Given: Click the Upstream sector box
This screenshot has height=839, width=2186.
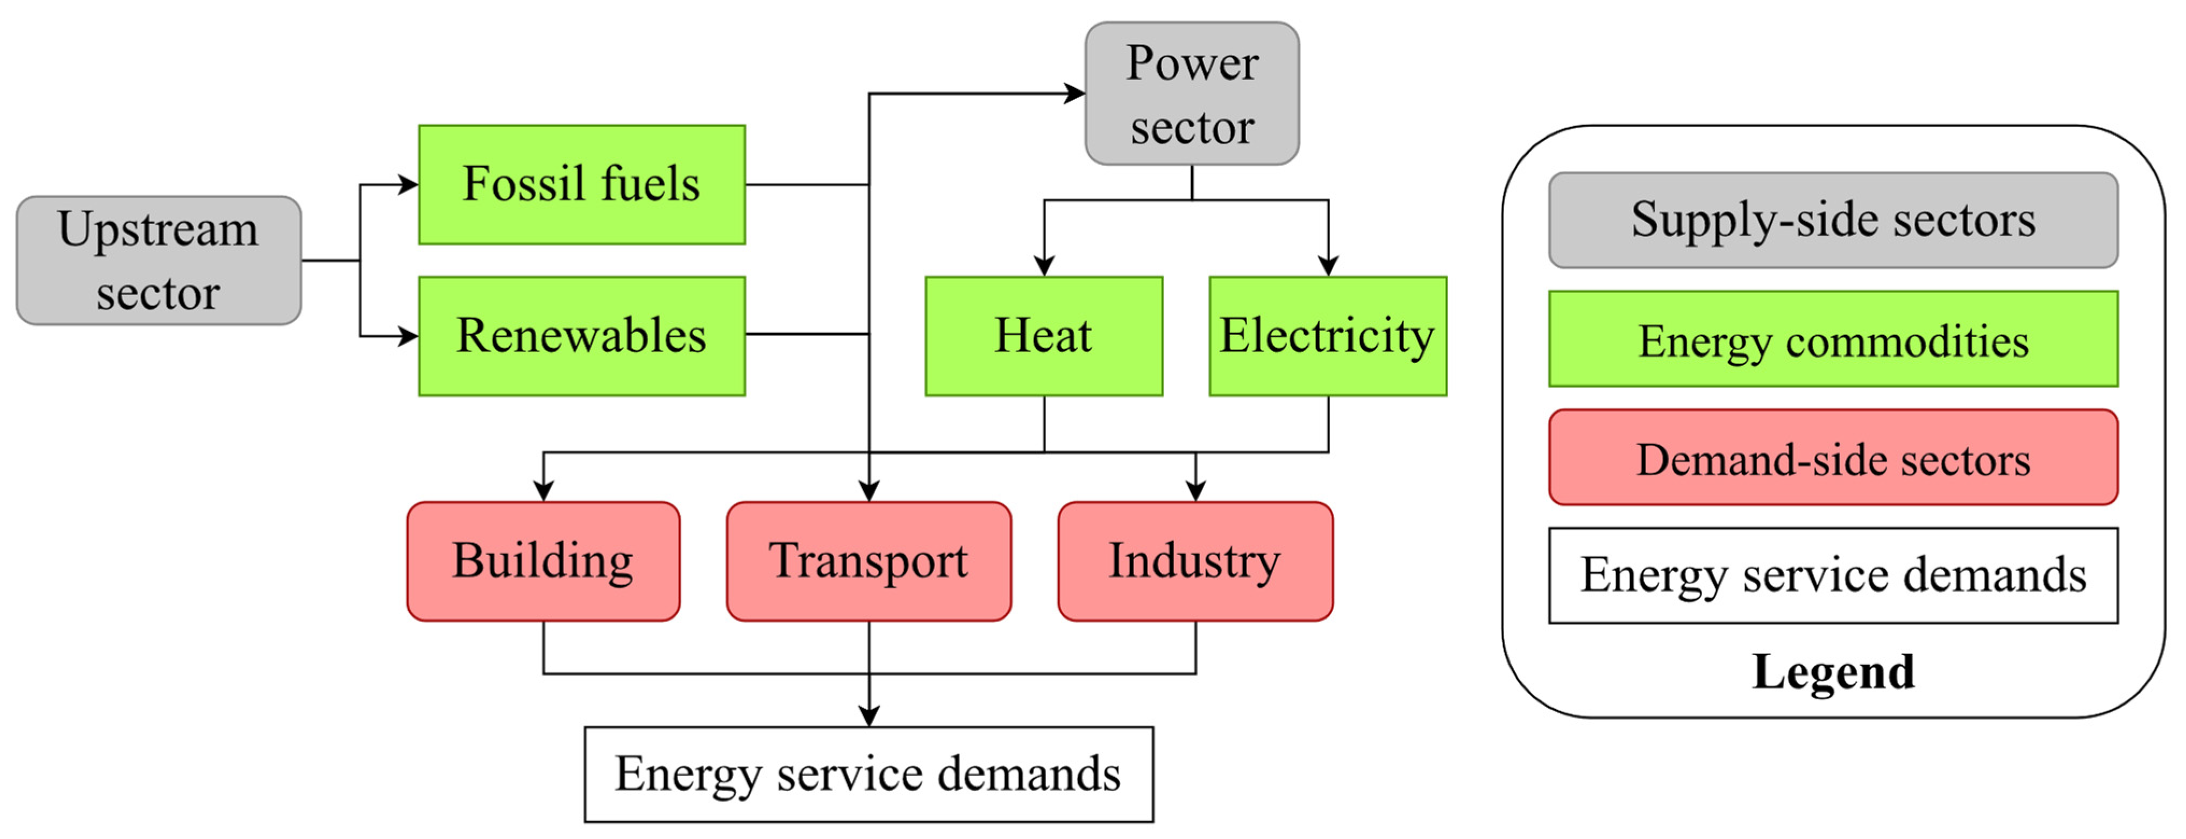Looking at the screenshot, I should click(159, 260).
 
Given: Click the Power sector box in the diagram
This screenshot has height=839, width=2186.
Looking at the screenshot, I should click(1192, 94).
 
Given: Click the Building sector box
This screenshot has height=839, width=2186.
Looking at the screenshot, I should click(543, 561).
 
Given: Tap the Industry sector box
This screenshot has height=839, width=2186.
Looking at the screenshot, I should click(1195, 561).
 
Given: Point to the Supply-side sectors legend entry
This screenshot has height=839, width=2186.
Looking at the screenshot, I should click(1833, 220).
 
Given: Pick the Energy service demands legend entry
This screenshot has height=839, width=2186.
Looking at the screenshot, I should click(1833, 575).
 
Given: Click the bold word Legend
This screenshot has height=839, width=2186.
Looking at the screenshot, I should click(1833, 672).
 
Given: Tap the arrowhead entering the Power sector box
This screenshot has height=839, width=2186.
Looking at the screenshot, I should click(1075, 94).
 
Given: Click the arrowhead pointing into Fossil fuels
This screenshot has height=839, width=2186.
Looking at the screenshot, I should click(409, 184).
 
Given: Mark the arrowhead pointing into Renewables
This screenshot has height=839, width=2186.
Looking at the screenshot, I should click(409, 336).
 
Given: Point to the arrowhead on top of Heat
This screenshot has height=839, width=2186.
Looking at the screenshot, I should click(1044, 266).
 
